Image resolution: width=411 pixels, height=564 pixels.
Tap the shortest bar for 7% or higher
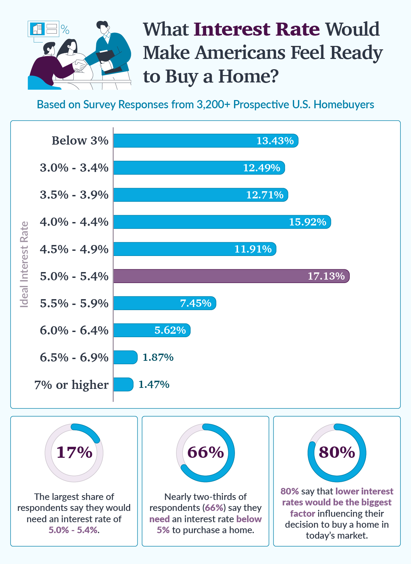123,384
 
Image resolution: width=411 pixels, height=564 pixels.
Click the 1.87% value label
158,357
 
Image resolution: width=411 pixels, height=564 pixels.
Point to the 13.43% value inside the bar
275,141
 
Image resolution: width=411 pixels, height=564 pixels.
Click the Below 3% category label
80,141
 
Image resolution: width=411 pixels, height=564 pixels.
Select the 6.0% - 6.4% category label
74,330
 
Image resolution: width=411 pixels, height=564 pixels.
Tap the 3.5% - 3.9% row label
74,195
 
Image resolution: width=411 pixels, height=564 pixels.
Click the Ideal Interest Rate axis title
24,264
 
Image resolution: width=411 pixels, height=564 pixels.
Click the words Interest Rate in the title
257,29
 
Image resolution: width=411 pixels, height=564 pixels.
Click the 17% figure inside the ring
74,452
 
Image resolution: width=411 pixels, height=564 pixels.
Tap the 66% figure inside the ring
206,452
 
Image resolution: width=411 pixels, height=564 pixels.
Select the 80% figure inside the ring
337,452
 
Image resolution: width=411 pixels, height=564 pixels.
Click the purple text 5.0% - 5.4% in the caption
73,530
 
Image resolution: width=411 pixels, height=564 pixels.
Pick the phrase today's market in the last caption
336,536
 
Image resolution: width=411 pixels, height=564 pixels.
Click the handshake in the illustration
81,65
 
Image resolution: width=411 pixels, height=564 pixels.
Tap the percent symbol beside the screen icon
65,30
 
